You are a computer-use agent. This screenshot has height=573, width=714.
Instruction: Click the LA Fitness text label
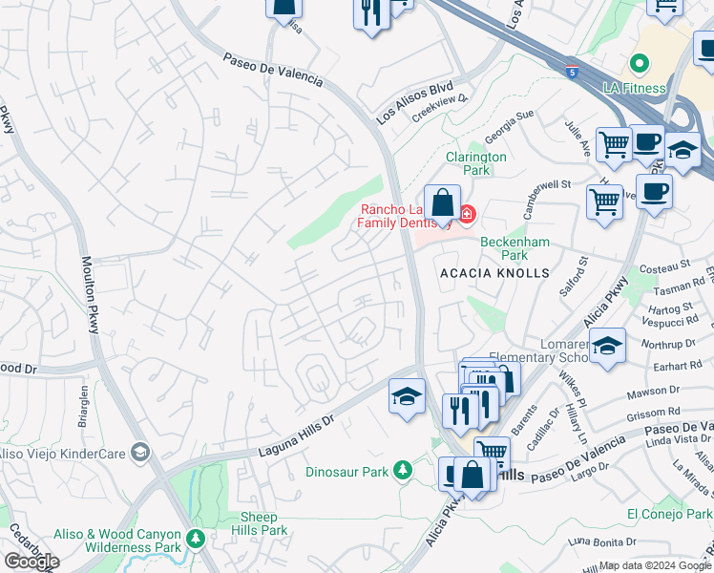(634, 89)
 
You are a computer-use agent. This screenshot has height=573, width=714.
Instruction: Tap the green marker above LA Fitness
(639, 65)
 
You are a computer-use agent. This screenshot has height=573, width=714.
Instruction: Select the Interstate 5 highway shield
(572, 71)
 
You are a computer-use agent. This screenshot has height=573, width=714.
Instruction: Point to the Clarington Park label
(475, 163)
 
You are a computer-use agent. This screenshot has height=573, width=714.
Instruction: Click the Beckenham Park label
(514, 248)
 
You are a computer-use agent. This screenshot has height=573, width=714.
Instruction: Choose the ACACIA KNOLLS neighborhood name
(494, 273)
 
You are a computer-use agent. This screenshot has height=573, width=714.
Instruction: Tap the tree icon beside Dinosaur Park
(403, 470)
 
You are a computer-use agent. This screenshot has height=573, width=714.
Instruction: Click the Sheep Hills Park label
(259, 523)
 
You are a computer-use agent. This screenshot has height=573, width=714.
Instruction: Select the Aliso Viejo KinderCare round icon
(140, 451)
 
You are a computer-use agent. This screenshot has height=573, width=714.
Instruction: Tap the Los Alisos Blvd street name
(414, 101)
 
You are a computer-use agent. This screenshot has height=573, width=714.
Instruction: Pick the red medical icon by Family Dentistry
(466, 215)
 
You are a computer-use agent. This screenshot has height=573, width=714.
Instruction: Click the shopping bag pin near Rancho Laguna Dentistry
(443, 204)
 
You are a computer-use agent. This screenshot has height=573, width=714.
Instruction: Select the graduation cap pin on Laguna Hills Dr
(407, 396)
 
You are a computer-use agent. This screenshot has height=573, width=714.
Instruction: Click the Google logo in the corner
(31, 561)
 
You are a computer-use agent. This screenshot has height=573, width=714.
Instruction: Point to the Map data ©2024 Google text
(654, 565)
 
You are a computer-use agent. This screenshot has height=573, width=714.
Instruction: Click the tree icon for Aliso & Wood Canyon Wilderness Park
(196, 540)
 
